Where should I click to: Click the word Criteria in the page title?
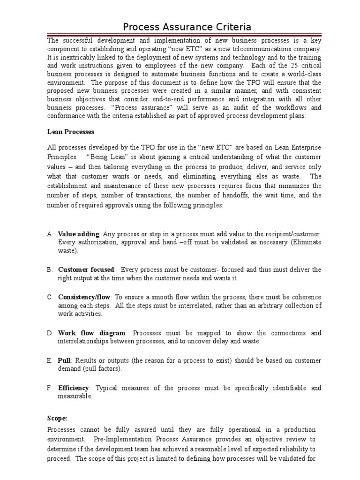coord(227,27)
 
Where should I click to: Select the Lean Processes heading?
coord(71,132)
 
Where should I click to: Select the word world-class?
coord(300,74)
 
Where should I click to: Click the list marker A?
coord(50,233)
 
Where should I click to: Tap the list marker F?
coord(50,388)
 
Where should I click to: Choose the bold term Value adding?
coord(78,233)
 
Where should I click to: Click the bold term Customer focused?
coord(86,270)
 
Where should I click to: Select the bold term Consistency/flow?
coord(84,297)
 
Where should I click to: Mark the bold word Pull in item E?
coord(64,360)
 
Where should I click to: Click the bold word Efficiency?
coord(73,388)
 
